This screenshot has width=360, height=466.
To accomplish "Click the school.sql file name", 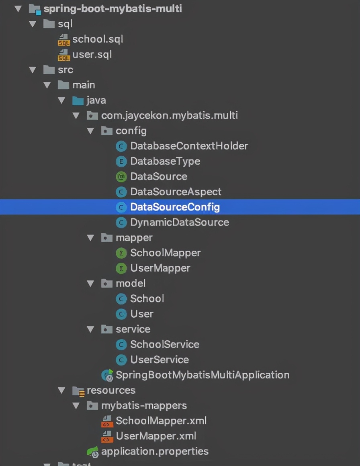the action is (x=98, y=39).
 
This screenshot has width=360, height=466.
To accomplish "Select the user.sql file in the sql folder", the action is (x=92, y=55).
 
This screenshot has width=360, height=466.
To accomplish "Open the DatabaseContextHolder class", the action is (x=189, y=146).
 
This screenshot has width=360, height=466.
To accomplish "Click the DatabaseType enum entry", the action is (x=165, y=161).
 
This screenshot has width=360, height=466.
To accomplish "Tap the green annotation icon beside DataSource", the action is (x=121, y=177).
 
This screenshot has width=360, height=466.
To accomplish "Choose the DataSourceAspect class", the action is (x=176, y=192).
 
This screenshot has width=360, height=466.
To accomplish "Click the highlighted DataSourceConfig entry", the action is (x=175, y=207).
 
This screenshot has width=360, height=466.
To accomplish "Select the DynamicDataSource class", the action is (x=180, y=223).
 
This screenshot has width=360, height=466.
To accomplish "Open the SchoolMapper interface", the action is (x=165, y=253).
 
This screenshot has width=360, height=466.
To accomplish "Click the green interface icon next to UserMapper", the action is (x=121, y=268).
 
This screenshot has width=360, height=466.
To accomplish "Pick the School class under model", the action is (x=147, y=299).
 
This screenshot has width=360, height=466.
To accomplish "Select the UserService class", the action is (x=160, y=360).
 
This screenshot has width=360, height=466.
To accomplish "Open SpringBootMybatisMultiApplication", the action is (x=202, y=375).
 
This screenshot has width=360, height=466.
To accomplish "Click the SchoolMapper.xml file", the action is (x=161, y=421).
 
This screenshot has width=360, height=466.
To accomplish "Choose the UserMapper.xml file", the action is (x=156, y=436).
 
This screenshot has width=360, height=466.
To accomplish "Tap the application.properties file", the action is (x=155, y=452).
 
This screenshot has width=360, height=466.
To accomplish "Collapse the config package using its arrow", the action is (x=91, y=131).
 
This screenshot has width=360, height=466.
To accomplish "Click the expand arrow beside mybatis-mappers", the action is (x=76, y=406).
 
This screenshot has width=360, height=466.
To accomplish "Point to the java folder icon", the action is (x=78, y=100).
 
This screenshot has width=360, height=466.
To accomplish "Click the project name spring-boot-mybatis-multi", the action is (x=112, y=9).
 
